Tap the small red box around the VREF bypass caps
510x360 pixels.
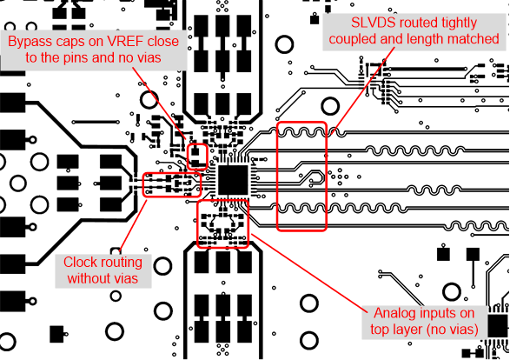pos(199,156)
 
